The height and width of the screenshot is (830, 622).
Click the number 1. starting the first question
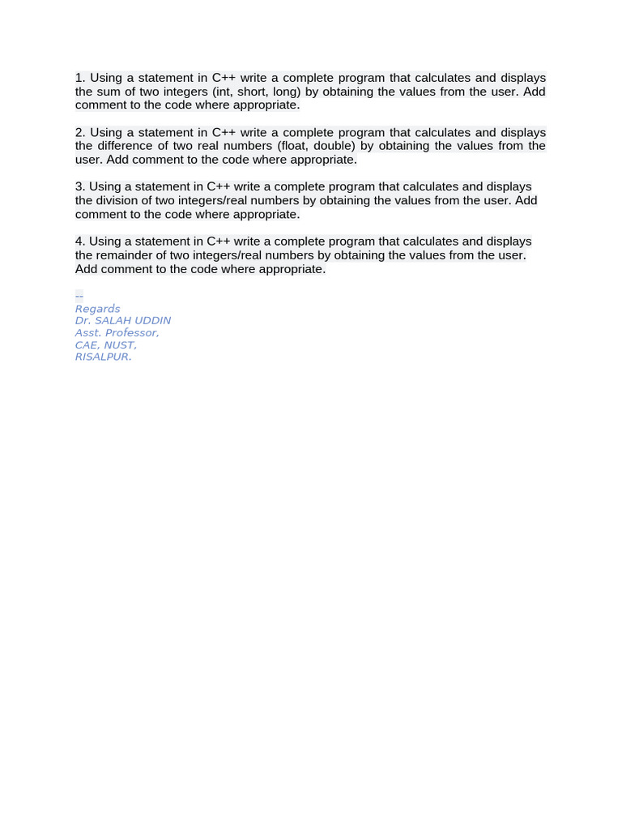(80, 78)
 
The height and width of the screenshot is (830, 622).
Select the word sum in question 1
(108, 92)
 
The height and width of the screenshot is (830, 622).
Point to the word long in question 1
(288, 92)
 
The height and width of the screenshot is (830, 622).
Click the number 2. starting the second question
(80, 132)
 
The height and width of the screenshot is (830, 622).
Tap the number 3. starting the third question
(80, 186)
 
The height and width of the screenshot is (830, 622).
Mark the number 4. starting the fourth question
(80, 242)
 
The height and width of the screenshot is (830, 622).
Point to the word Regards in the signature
(97, 309)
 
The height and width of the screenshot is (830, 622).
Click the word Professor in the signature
(131, 333)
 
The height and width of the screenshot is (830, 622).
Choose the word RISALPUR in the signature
(102, 357)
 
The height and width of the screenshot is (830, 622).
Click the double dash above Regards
(79, 296)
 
